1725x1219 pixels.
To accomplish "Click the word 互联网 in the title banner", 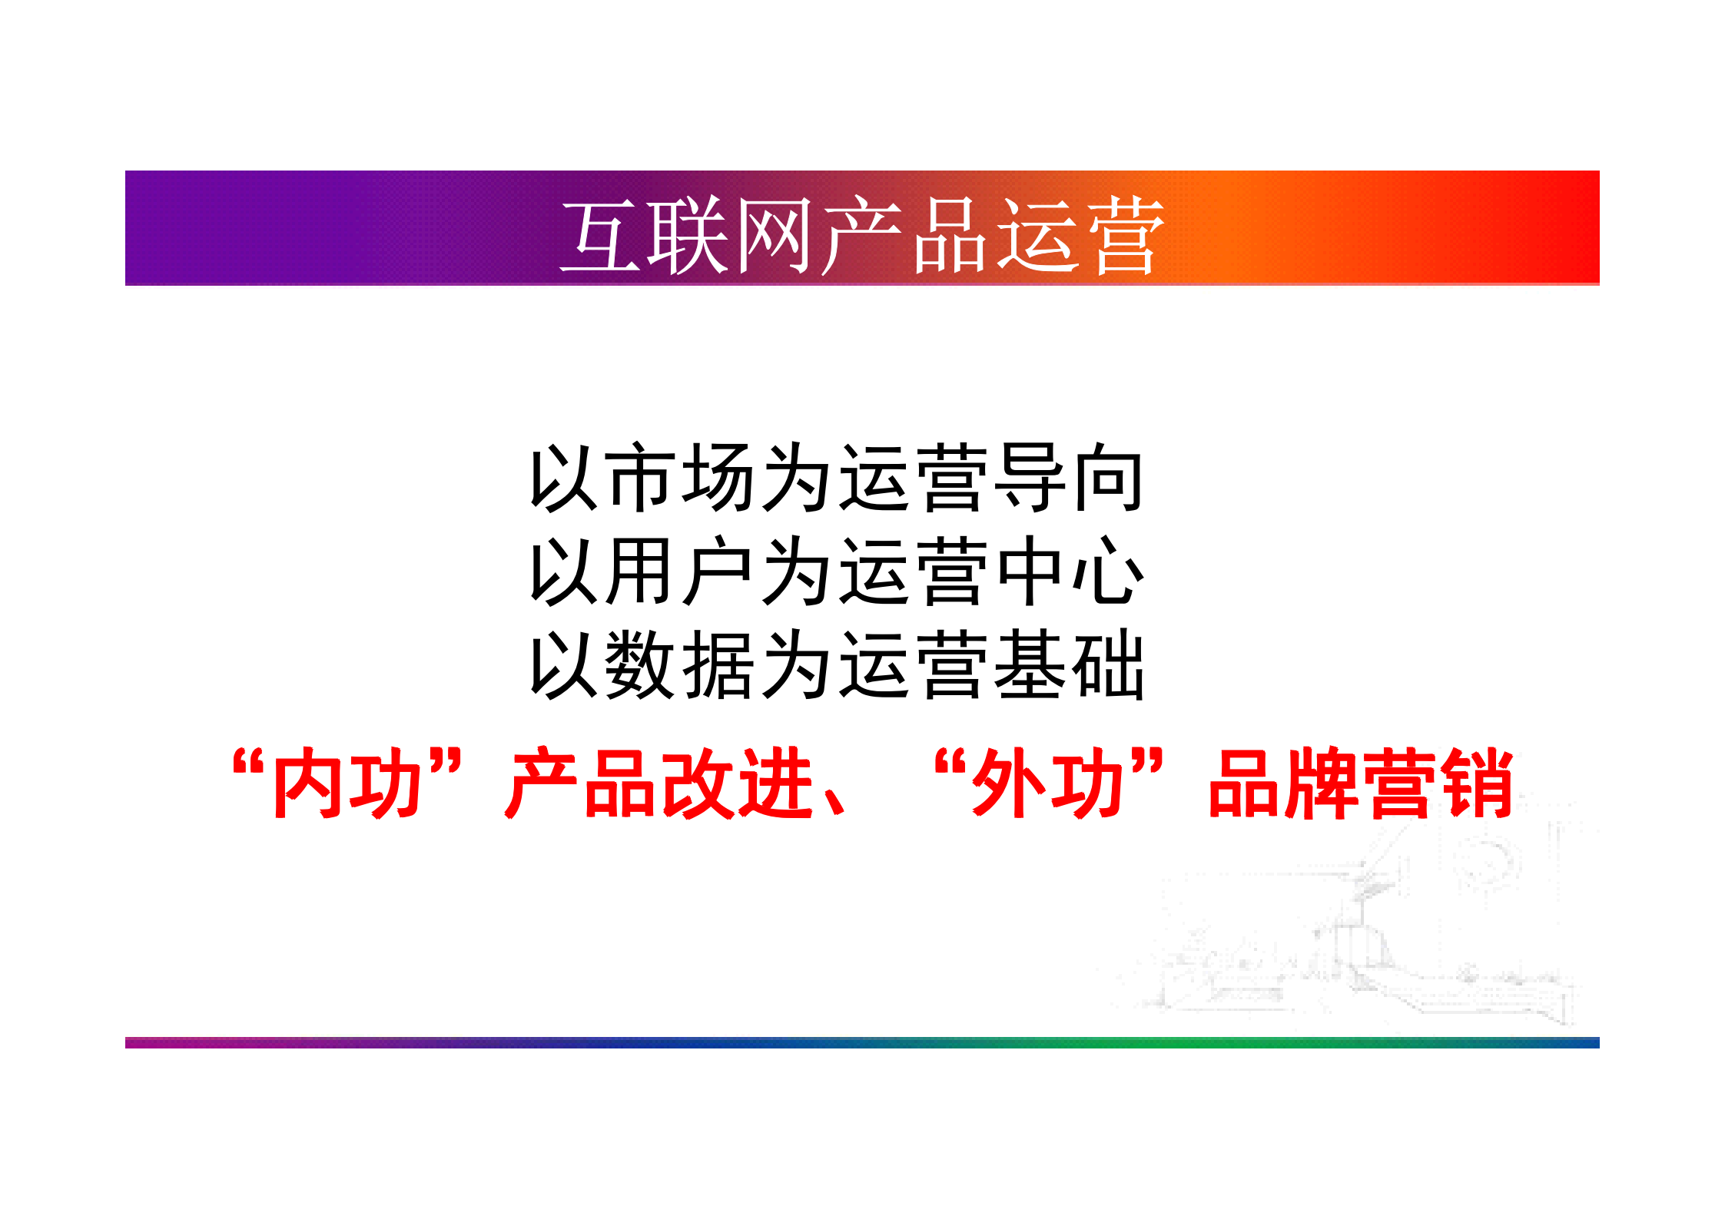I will [685, 235].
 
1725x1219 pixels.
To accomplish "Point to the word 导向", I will [1068, 478].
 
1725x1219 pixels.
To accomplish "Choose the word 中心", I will [1068, 571].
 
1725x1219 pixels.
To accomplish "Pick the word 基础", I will [1068, 665].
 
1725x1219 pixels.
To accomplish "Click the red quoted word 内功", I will [347, 783].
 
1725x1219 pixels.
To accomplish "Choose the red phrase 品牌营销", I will [1360, 783].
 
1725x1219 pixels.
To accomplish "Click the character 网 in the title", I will [773, 235].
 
